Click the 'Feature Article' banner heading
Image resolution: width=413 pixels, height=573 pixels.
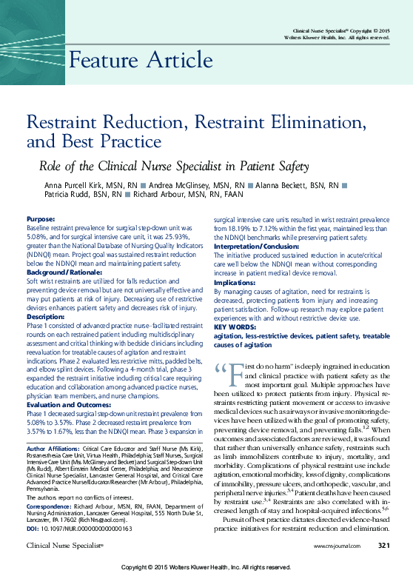(141, 60)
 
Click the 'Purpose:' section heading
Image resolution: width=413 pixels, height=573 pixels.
(40, 220)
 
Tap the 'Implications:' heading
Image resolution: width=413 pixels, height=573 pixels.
(235, 283)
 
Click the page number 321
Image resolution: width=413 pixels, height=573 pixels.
(383, 546)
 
